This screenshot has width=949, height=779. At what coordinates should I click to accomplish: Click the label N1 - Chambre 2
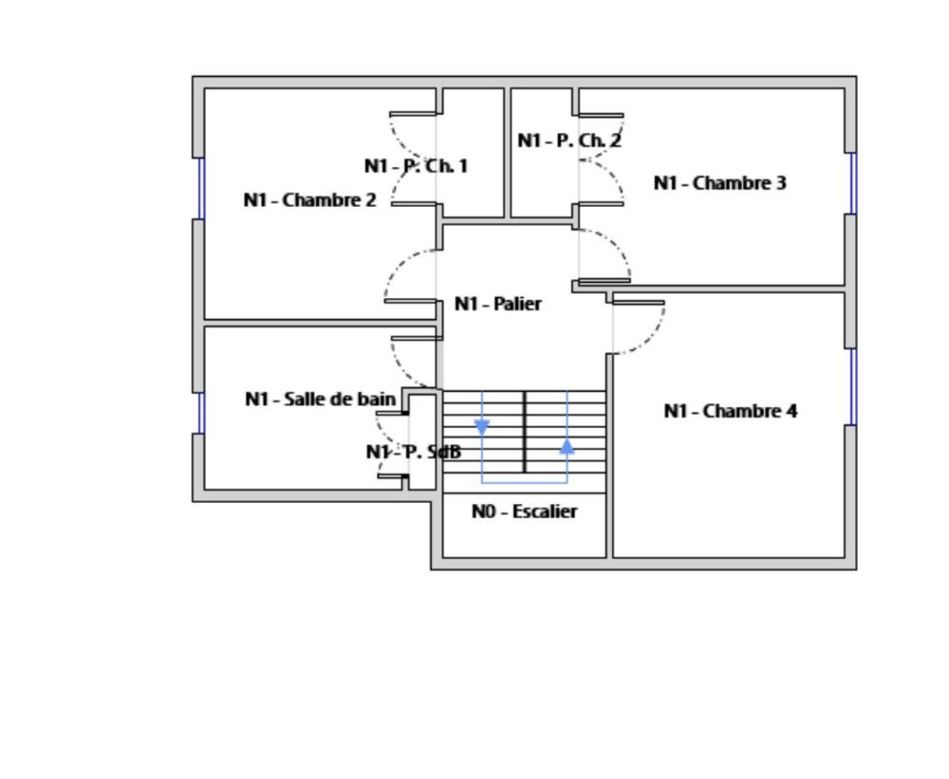click(309, 200)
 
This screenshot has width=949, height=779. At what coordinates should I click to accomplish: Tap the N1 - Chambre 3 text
click(719, 183)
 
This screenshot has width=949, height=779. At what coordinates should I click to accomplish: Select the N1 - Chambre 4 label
click(730, 411)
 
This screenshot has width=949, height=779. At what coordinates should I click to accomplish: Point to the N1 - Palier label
click(497, 304)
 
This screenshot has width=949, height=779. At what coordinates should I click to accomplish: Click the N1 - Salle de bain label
click(320, 399)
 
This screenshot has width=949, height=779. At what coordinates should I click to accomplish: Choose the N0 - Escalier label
click(524, 511)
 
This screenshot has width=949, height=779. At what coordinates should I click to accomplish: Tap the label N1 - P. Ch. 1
click(416, 166)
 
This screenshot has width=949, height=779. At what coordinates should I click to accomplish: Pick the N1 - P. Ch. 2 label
click(569, 140)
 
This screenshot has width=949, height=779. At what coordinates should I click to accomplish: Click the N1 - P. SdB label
click(414, 452)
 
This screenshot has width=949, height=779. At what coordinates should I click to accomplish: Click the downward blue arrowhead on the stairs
click(482, 428)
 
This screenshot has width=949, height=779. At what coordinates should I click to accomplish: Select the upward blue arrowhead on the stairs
click(568, 446)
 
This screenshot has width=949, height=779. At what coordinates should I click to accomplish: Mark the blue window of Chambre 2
click(200, 188)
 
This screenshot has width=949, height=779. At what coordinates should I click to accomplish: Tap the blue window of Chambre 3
click(853, 183)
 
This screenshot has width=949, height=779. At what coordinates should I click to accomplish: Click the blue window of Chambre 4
click(853, 386)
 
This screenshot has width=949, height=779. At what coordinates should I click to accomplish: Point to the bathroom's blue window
click(200, 413)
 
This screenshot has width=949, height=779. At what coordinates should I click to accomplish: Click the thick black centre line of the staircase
click(525, 432)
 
